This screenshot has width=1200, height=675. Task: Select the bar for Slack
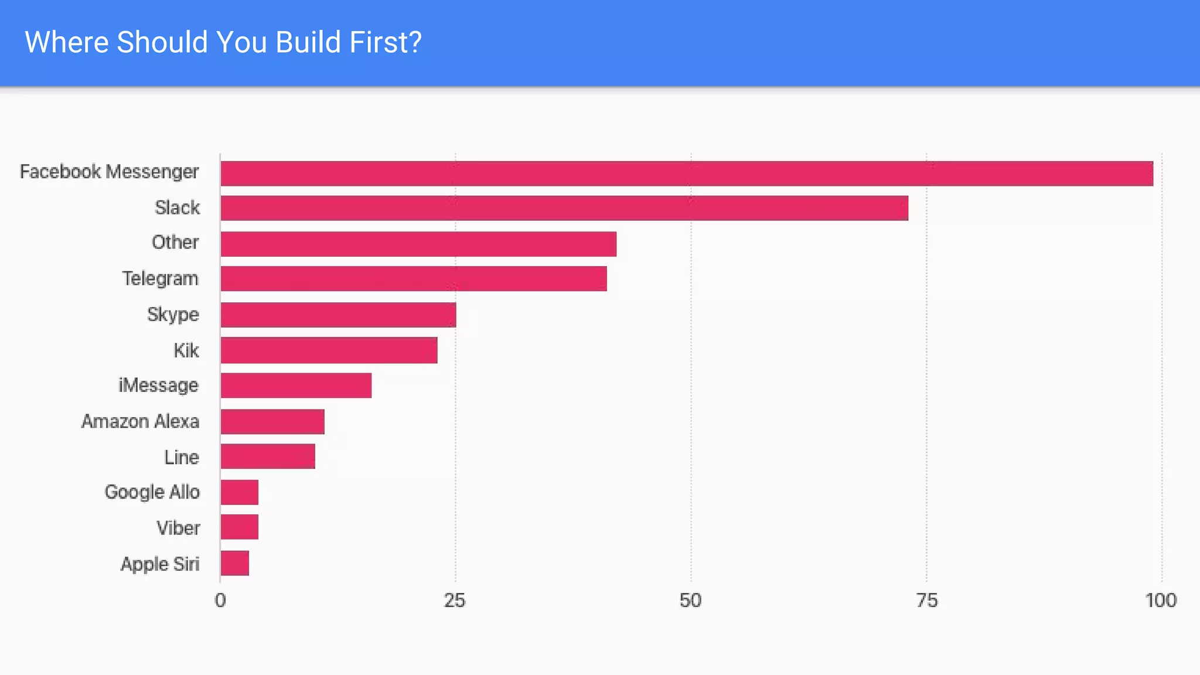564,208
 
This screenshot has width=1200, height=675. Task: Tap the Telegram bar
414,279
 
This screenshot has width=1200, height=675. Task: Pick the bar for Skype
338,315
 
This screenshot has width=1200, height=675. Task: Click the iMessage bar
296,386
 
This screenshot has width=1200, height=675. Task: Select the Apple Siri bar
235,563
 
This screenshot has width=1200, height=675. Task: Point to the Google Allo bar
240,492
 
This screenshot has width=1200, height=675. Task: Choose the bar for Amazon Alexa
272,421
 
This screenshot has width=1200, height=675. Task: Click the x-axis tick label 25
455,601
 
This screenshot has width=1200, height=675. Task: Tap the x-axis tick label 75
926,601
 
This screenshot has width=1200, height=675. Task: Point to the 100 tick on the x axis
1161,601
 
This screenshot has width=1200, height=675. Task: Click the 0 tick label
220,601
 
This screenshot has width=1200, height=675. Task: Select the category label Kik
186,350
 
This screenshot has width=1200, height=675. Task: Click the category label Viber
178,528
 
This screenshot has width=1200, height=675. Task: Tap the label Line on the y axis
182,457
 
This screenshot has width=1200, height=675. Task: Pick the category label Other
175,242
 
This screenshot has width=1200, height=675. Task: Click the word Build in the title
308,42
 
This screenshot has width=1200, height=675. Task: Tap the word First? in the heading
386,42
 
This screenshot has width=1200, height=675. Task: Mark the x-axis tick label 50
690,601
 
